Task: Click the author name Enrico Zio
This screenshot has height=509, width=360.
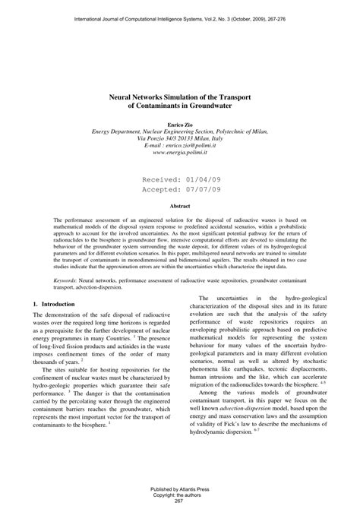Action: tap(179, 123)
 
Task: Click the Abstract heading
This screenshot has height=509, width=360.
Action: tap(179, 206)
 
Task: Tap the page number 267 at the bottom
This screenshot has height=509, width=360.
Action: tap(179, 501)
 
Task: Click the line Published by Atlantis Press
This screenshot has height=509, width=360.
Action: tap(179, 488)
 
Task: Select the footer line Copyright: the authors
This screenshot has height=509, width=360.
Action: tap(179, 495)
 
